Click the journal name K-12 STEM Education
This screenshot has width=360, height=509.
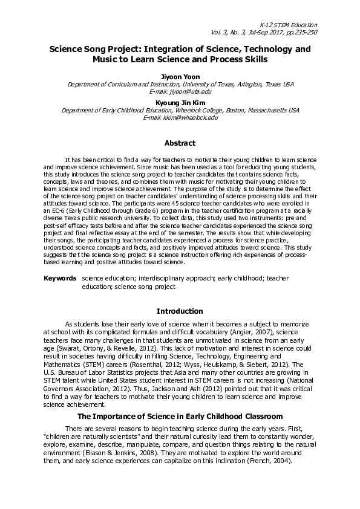click(292, 24)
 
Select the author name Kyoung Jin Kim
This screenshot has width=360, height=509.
click(180, 103)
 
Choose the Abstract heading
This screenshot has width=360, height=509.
click(180, 143)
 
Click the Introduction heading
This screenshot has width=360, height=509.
click(180, 311)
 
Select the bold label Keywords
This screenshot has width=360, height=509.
click(59, 279)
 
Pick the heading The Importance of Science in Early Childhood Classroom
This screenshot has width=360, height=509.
click(180, 417)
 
